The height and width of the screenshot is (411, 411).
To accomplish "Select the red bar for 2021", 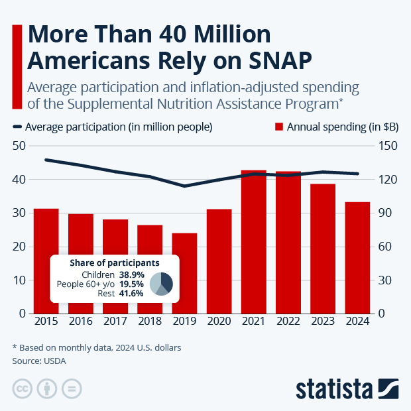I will point(253,242).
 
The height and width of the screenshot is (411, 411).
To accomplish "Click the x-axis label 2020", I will point(219,322).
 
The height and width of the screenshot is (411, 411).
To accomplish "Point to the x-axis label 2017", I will point(115,322).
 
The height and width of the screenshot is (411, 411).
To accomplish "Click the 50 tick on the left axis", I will point(19,146).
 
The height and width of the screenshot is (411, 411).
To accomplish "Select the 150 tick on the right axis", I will point(388,146).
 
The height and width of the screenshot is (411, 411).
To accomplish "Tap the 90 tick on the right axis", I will point(388,213).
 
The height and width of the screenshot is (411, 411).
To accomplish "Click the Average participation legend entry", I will point(113,127).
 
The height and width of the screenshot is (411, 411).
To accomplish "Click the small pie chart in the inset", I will point(161,283).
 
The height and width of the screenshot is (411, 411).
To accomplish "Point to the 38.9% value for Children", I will point(131,274).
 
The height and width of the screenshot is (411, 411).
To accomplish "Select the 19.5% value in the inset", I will point(131,283).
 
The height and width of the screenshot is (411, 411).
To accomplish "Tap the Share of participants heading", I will point(114,263).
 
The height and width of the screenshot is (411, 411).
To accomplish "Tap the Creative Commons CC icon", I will point(23,388).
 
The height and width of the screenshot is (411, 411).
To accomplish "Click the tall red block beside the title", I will point(17,66).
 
